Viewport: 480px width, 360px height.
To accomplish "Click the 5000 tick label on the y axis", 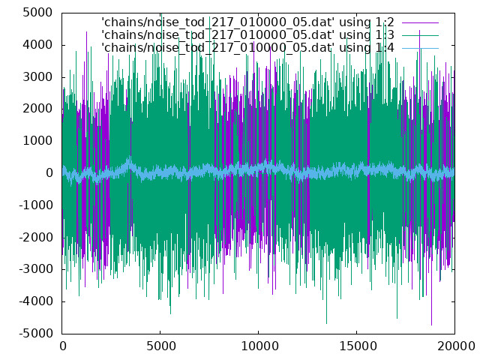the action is point(37,13).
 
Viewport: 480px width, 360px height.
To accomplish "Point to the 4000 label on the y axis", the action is point(37,45).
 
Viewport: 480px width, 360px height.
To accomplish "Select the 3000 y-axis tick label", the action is point(37,77).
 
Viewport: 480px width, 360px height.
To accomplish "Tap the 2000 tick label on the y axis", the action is point(37,109).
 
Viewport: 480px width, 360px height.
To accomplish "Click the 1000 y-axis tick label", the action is point(37,141).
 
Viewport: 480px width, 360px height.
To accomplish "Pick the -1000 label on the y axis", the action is point(36,205).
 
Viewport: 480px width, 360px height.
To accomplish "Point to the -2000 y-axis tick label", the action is point(36,237).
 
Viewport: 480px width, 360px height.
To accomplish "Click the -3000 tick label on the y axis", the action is point(36,269).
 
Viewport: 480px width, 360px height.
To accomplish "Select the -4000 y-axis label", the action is point(36,301).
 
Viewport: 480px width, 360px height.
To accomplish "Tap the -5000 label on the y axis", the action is point(36,333).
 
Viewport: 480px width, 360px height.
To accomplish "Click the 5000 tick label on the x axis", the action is point(160,346).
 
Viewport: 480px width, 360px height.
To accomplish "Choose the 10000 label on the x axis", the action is point(259,346).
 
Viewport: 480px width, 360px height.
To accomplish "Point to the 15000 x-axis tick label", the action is point(357,346).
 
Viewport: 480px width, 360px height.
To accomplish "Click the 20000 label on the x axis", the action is point(456,346).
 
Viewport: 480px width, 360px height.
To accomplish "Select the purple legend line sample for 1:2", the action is point(420,22).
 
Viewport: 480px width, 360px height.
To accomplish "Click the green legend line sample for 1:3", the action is point(420,35).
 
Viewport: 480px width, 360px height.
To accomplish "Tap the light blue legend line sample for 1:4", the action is point(420,48).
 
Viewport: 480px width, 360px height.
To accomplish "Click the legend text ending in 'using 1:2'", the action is point(247,22).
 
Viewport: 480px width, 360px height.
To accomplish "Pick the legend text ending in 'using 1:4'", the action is point(247,48).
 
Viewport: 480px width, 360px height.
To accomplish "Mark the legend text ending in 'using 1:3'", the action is point(247,35).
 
